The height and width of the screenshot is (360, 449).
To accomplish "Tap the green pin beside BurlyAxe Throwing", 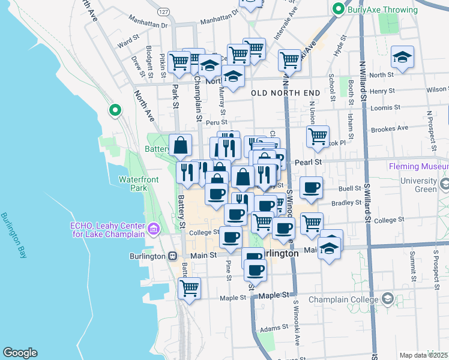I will click(x=339, y=10).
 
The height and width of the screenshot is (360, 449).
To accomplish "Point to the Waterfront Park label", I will click(x=142, y=184).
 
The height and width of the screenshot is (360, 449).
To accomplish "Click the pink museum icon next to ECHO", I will click(x=153, y=229).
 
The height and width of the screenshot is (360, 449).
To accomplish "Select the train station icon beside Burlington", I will click(x=173, y=256).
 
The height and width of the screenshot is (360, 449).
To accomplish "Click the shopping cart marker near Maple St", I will click(x=189, y=287).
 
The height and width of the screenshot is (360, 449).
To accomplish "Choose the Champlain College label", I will click(x=345, y=299).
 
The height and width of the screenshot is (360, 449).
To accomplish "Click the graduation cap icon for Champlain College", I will click(x=388, y=298).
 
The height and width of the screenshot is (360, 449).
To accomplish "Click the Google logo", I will click(x=20, y=353).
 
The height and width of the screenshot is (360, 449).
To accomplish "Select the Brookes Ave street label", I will click(x=390, y=128).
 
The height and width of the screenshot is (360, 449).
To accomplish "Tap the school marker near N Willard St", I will click(x=402, y=57).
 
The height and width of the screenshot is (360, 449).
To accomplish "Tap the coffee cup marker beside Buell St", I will click(x=311, y=187).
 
